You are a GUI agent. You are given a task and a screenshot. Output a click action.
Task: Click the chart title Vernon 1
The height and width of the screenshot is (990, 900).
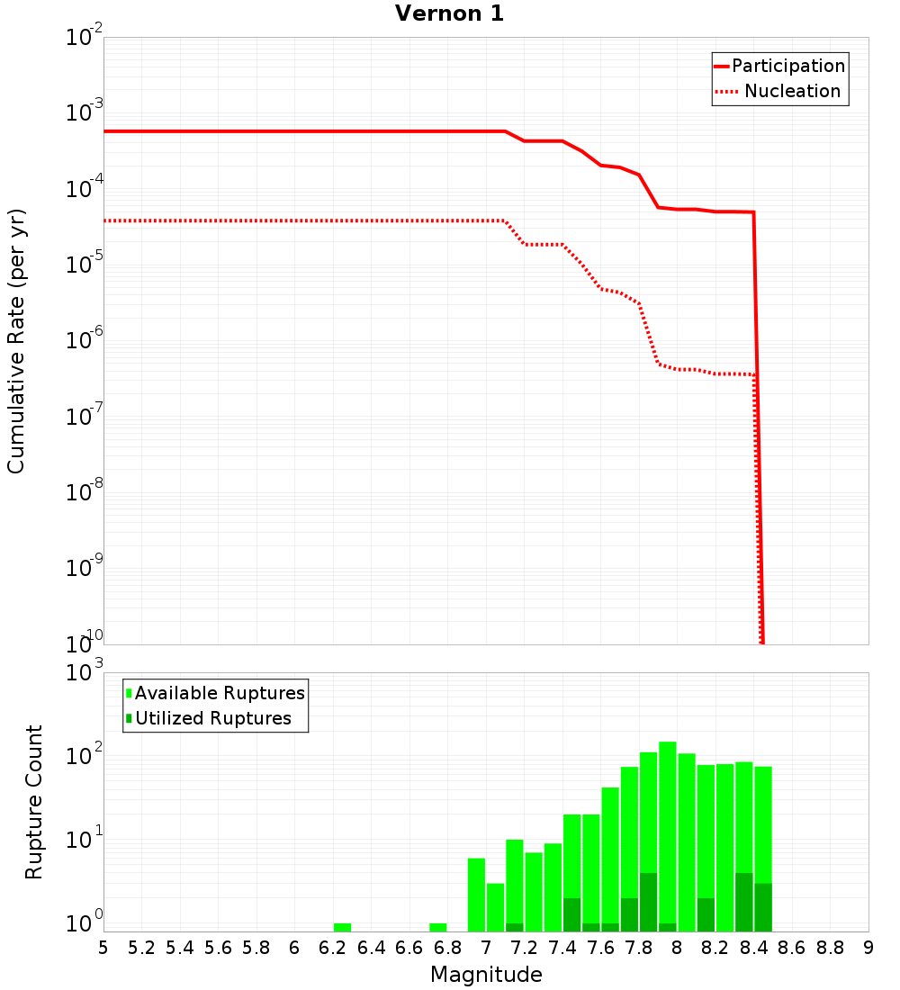tap(449, 13)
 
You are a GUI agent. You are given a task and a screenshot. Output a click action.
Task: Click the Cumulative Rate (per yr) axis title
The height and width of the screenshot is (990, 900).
tap(16, 340)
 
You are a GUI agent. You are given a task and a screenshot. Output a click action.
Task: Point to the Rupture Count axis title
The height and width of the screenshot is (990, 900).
tap(34, 801)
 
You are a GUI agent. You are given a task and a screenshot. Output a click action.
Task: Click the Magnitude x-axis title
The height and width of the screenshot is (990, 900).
tap(486, 975)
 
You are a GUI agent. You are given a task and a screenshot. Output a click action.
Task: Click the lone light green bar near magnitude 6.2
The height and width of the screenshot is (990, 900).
tap(342, 927)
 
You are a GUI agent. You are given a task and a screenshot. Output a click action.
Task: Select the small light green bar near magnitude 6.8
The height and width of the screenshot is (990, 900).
tap(438, 927)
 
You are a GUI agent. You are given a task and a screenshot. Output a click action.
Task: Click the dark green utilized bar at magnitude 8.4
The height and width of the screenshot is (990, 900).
tap(744, 902)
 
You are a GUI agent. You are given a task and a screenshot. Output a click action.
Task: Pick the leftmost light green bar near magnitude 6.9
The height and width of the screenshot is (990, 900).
tap(476, 895)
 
